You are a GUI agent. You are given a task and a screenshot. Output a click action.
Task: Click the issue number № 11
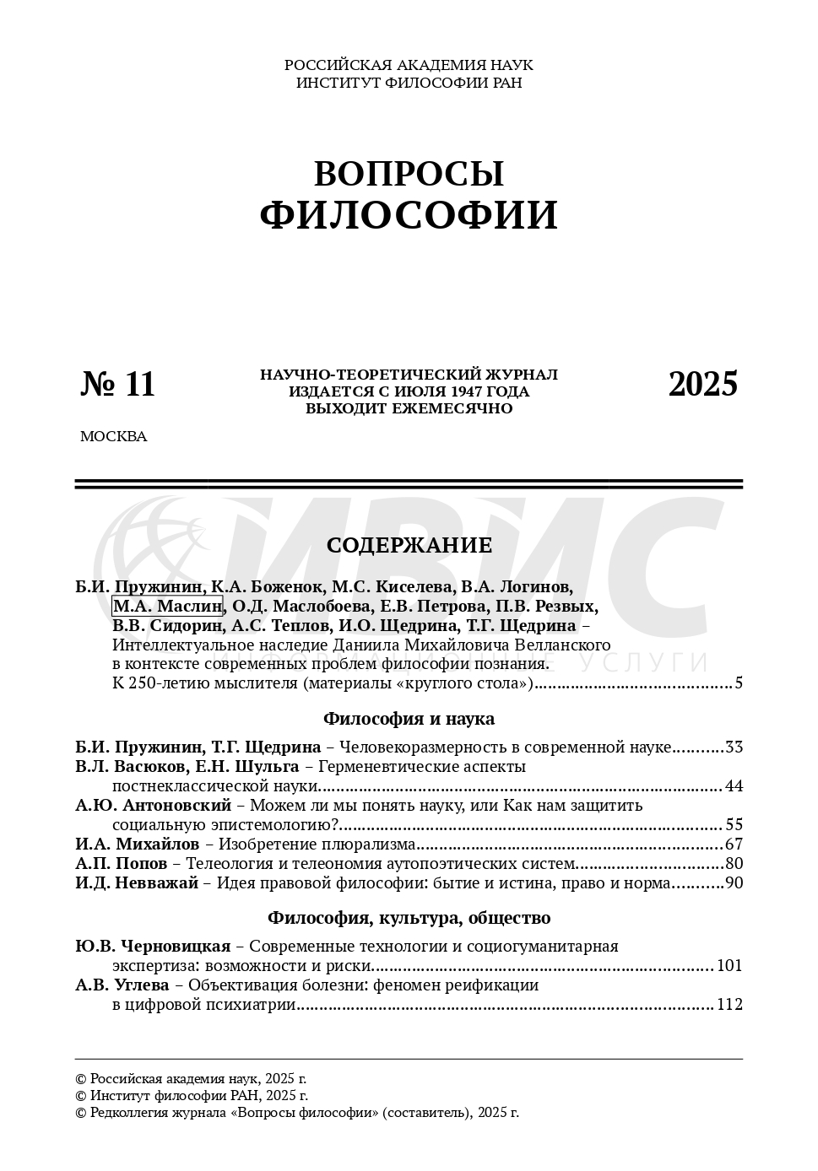pyautogui.click(x=118, y=384)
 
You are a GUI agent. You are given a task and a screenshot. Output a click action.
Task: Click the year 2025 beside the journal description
pyautogui.click(x=702, y=384)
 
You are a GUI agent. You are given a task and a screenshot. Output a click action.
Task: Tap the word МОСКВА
pyautogui.click(x=113, y=437)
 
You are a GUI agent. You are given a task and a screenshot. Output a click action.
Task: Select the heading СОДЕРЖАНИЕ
pyautogui.click(x=409, y=546)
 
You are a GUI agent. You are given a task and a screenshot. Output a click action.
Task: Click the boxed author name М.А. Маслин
pyautogui.click(x=167, y=606)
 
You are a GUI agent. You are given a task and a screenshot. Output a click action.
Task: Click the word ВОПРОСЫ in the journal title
pyautogui.click(x=409, y=174)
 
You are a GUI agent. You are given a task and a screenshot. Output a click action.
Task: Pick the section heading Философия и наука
pyautogui.click(x=409, y=719)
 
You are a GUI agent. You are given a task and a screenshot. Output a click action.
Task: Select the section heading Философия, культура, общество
pyautogui.click(x=409, y=918)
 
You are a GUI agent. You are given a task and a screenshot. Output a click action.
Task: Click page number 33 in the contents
pyautogui.click(x=734, y=747)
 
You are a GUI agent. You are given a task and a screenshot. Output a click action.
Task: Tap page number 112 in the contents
pyautogui.click(x=729, y=1004)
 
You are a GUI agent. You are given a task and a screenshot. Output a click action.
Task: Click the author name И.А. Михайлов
pyautogui.click(x=137, y=845)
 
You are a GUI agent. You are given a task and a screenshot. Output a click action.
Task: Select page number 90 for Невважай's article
pyautogui.click(x=734, y=883)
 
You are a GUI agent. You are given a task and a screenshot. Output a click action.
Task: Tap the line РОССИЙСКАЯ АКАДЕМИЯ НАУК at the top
pyautogui.click(x=409, y=65)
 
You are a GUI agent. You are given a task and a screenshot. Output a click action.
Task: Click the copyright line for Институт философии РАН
pyautogui.click(x=192, y=1096)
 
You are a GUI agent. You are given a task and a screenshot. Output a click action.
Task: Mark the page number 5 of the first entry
pyautogui.click(x=738, y=683)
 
